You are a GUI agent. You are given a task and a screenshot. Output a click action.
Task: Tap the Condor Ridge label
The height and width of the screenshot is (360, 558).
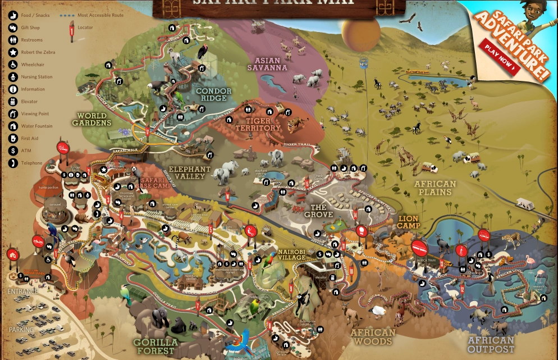213,94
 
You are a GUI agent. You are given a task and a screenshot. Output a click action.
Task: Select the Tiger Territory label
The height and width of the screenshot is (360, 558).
258,124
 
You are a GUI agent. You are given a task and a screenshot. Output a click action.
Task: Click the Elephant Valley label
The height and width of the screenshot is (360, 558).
190,172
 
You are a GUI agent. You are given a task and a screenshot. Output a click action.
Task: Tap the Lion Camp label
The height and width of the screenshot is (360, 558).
409,221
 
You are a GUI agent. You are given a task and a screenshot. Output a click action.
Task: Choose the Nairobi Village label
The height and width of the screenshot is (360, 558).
291,254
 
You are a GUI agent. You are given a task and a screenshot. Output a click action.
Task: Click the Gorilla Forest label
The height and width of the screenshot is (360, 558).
155,346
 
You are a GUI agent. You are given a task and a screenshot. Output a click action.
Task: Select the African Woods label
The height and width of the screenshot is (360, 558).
373,337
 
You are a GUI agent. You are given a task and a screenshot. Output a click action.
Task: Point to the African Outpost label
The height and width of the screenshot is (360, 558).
491,344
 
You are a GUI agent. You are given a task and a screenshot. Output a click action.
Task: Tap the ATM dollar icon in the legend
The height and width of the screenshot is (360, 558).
13,151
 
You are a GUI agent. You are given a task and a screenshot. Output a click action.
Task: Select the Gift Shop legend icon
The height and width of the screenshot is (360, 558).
13,28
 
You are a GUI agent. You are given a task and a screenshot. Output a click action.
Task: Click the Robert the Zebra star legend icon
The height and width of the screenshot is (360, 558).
13,52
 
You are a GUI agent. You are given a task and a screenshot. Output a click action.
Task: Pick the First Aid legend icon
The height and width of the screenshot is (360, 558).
13,138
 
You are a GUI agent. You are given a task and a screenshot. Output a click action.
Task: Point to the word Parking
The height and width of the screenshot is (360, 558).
21,330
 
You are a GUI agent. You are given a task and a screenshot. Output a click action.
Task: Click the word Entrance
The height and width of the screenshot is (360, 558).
23,291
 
